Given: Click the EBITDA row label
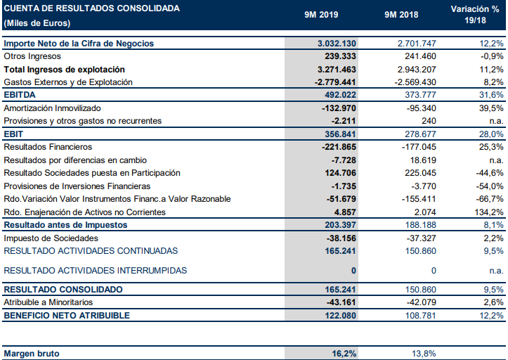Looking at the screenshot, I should click(x=20, y=95).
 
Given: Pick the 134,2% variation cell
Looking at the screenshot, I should click(x=488, y=212).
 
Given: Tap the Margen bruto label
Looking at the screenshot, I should click(x=32, y=353).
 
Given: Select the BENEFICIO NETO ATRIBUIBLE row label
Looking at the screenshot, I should click(x=67, y=316).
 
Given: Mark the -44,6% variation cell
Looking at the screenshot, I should click(x=486, y=173).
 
